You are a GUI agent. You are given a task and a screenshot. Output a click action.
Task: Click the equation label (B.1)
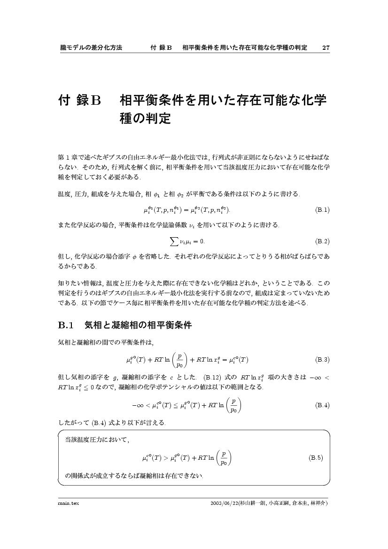tap(322, 210)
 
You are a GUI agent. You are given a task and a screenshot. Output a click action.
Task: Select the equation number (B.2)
tap(322, 241)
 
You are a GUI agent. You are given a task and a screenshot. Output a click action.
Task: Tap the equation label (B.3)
tap(322, 360)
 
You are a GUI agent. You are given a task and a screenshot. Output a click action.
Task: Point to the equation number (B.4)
tap(322, 405)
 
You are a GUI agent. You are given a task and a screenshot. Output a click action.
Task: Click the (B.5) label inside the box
tap(315, 457)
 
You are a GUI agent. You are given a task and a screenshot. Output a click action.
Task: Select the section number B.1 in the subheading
tap(66, 325)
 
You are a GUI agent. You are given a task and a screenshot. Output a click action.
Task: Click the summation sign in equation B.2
tap(173, 241)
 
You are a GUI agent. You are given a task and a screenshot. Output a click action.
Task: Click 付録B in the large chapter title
tap(79, 101)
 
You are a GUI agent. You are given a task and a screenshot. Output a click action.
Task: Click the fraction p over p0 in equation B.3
tap(179, 360)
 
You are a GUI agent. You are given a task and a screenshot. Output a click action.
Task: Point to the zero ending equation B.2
tap(202, 241)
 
